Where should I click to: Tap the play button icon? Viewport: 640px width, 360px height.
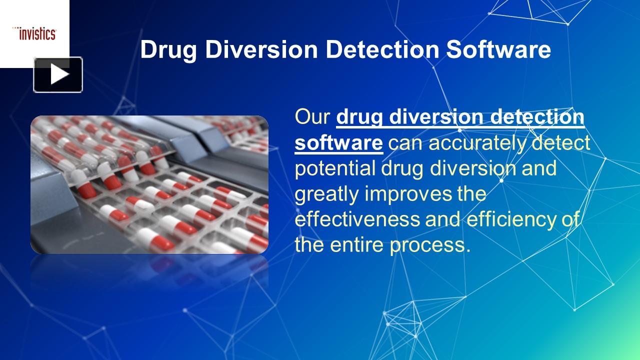pos(58,75)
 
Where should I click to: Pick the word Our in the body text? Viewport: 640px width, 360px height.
pos(312,117)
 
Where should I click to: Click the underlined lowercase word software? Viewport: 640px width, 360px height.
pos(338,142)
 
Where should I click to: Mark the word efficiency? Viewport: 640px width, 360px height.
pos(507,219)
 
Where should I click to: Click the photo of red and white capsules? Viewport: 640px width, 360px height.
pos(149,184)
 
